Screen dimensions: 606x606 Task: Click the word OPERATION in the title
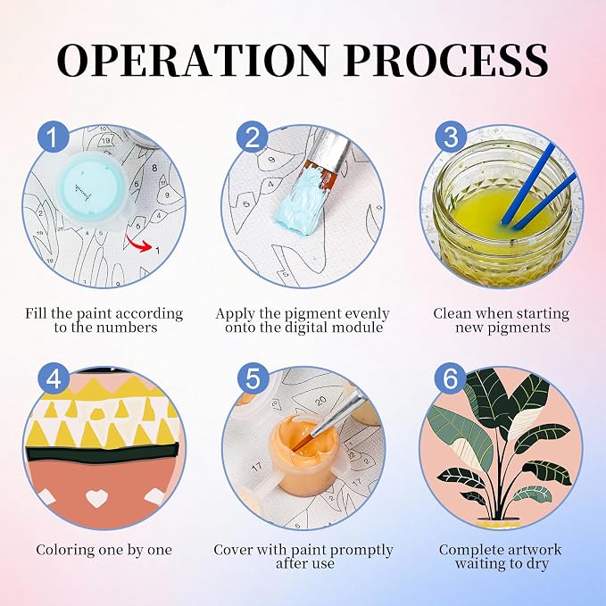[194, 61]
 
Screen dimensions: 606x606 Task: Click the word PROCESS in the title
[446, 61]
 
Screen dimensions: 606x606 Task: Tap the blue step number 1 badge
[54, 137]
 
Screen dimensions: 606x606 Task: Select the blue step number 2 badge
[253, 137]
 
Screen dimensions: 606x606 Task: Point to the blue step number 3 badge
[451, 137]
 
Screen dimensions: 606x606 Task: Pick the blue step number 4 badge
[54, 378]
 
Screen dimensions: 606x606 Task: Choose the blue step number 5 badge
[253, 378]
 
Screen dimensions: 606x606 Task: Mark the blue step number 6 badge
[451, 378]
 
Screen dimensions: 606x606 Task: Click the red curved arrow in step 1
[139, 244]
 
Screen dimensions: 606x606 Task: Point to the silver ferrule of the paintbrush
[329, 152]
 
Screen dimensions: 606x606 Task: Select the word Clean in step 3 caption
[453, 313]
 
